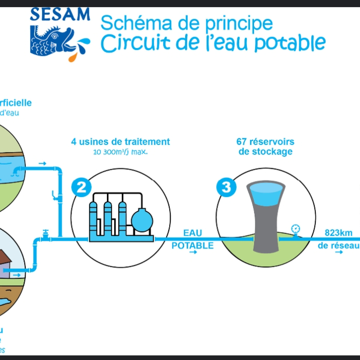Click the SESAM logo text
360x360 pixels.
(x=60, y=14)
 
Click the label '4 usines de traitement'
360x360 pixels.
(x=120, y=141)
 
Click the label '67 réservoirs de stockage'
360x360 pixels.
(x=265, y=146)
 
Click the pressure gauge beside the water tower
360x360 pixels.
(x=295, y=229)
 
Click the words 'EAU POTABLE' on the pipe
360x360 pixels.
(x=192, y=240)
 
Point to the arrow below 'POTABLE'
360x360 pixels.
(x=192, y=255)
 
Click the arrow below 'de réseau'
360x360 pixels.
(x=338, y=255)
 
